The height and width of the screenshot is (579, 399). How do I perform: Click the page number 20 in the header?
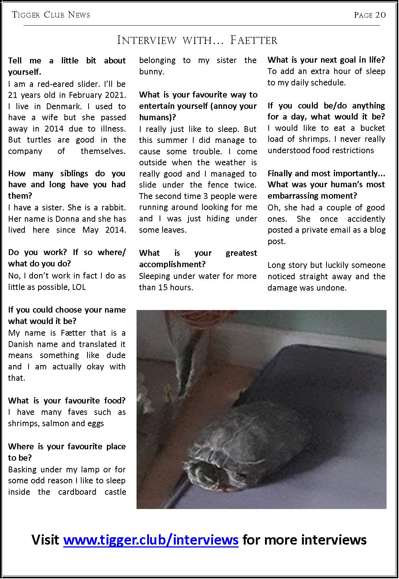pos(380,15)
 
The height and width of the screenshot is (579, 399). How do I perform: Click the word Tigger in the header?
pos(25,15)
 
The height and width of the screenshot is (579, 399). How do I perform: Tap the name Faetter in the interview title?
pos(253,40)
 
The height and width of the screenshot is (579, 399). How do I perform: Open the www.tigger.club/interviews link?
pos(151,539)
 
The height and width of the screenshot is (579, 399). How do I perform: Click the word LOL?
pos(79,287)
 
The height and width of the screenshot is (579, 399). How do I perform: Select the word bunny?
pos(151,71)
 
